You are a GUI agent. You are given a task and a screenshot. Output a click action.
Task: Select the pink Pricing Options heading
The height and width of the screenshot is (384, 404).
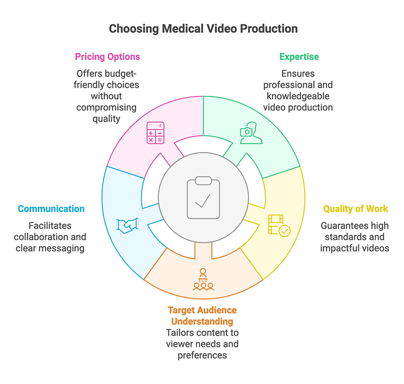point(107,57)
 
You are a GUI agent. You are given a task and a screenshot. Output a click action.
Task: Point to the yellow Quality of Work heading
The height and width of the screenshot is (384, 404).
point(356,208)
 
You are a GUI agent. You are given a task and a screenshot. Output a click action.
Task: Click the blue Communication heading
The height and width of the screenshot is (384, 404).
point(51,208)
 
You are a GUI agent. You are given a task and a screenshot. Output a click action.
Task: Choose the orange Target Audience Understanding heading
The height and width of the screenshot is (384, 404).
point(203,315)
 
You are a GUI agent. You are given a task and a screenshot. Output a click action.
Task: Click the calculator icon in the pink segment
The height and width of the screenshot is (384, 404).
point(155,133)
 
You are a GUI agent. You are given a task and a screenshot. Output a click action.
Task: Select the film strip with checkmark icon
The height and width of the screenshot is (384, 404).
point(279,225)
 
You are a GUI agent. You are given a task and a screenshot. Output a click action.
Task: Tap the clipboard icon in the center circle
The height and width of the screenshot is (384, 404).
point(202,197)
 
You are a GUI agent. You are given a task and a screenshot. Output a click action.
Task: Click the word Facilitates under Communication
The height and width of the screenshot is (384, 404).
point(50,226)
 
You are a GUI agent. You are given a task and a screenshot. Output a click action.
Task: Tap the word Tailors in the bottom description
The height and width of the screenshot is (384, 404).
point(178,333)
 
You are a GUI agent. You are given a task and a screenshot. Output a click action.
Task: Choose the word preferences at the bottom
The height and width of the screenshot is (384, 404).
point(203,355)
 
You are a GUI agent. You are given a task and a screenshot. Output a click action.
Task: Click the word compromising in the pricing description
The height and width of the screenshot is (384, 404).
point(107,107)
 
